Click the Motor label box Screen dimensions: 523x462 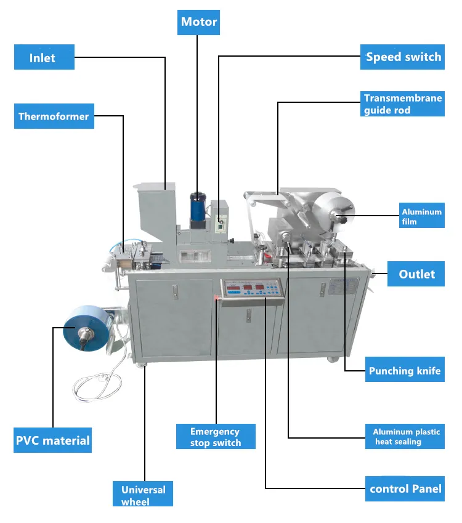(x=199, y=22)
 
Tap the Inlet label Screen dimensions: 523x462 (x=44, y=58)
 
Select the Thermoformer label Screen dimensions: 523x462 (x=54, y=116)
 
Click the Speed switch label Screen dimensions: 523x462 (x=403, y=57)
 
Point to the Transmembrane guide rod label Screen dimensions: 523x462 (x=403, y=104)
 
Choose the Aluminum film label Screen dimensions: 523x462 (x=421, y=216)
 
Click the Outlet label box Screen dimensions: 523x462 (x=416, y=274)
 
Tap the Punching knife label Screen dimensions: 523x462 (x=405, y=371)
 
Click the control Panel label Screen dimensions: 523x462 (x=405, y=489)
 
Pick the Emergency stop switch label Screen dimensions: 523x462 (x=214, y=437)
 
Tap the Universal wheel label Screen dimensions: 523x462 (x=143, y=495)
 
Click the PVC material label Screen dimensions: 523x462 (x=53, y=440)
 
